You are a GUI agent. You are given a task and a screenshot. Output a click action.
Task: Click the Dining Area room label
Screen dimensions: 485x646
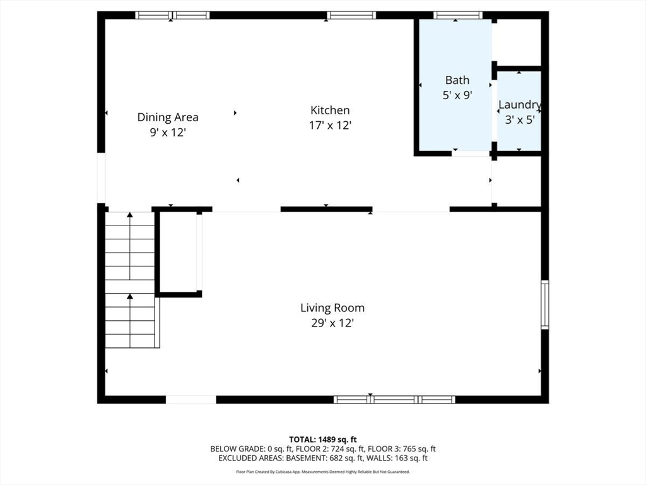coord(168,117)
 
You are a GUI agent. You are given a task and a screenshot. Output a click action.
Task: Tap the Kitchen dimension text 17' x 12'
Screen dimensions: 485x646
coord(329,126)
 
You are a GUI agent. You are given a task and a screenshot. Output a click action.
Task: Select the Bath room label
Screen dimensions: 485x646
coord(457,80)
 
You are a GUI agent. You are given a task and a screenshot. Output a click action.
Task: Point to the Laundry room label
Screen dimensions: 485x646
coord(520,105)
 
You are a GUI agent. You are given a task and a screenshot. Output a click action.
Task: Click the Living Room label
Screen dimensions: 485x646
coord(332,308)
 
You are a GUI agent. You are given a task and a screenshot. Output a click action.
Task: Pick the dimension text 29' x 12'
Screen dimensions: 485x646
coord(332,323)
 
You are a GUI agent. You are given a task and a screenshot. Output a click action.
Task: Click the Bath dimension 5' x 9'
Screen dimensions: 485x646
coord(457,95)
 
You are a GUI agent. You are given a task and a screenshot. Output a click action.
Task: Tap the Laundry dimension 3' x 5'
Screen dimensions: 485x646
coord(520,119)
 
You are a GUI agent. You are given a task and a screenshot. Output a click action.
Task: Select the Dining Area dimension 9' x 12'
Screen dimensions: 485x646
coord(168,133)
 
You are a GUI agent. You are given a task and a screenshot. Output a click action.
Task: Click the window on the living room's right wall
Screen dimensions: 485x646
coord(544,305)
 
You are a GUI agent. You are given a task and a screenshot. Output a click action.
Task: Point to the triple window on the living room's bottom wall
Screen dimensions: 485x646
coord(394,399)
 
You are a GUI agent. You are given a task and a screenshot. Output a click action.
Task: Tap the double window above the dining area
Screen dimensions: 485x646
coord(172,15)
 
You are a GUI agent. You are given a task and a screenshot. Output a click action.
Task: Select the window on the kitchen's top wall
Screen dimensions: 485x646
coord(351,15)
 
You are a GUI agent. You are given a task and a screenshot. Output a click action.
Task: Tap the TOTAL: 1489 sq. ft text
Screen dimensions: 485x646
coord(322,440)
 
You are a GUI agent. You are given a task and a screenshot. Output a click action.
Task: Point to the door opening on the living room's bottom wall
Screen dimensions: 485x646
coord(191,399)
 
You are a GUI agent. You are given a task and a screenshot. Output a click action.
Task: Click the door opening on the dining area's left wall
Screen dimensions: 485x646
coord(101,178)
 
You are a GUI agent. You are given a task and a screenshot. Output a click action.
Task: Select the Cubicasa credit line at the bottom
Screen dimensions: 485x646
coord(322,472)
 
